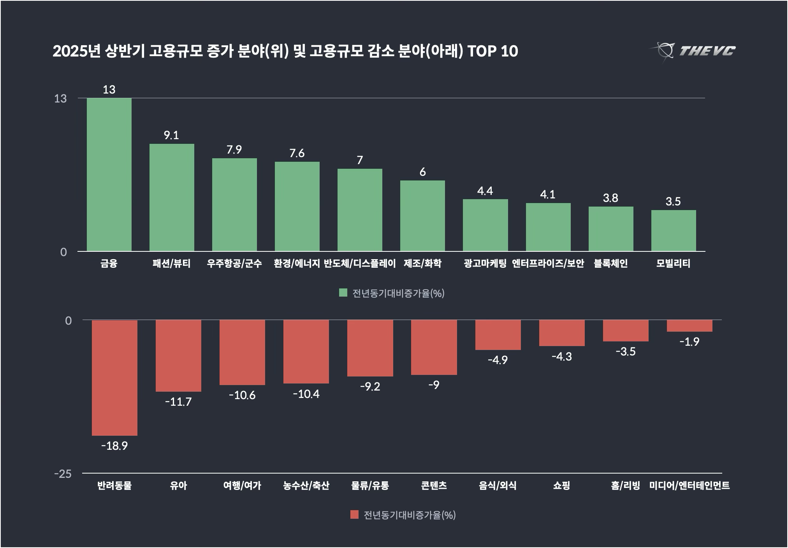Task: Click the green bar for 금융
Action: tap(109, 175)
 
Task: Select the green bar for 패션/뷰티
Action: tap(172, 198)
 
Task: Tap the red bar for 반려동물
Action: tap(114, 378)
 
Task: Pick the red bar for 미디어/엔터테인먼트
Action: tap(689, 326)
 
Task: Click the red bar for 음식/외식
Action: tap(498, 335)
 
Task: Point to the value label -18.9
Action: tap(114, 446)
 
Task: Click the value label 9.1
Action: tap(171, 135)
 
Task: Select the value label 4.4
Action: tap(485, 191)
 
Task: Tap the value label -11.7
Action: tap(178, 402)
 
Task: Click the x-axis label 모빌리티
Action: tap(673, 263)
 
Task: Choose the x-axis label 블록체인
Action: tap(610, 263)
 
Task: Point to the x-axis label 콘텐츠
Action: tap(434, 486)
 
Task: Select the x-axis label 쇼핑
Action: tap(561, 486)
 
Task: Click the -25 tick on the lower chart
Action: tap(63, 474)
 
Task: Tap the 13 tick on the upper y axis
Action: tap(60, 99)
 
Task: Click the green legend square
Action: tap(343, 293)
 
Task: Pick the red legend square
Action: tap(354, 515)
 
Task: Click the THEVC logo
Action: tap(693, 51)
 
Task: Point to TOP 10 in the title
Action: tap(492, 51)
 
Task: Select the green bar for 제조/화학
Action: tap(422, 216)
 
